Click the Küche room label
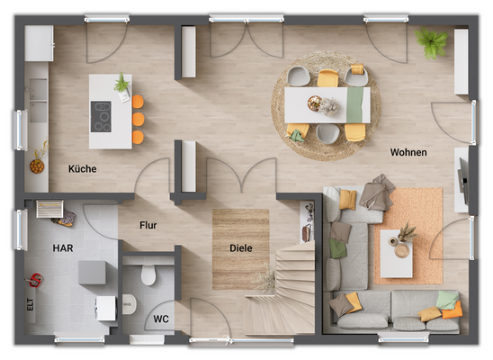pos(82,168)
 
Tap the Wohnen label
pos(408,152)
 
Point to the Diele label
pos(240,247)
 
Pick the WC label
pos(160,318)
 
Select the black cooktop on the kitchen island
pos(101,116)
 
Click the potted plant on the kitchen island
pos(121,85)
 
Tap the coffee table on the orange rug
pos(396,254)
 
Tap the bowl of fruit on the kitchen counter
pos(37,165)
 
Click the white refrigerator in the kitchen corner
pos(39,42)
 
